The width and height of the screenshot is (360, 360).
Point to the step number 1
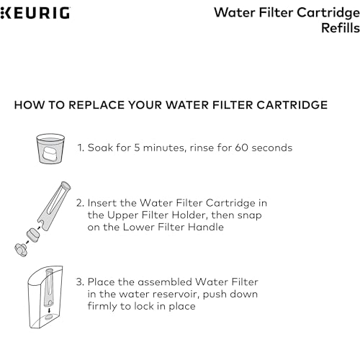(x=80, y=148)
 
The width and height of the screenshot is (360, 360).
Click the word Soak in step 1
(x=101, y=148)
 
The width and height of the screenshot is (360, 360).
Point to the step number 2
(x=81, y=203)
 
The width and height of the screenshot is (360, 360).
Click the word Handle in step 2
(x=207, y=228)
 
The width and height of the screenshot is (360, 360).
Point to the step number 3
(x=81, y=282)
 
